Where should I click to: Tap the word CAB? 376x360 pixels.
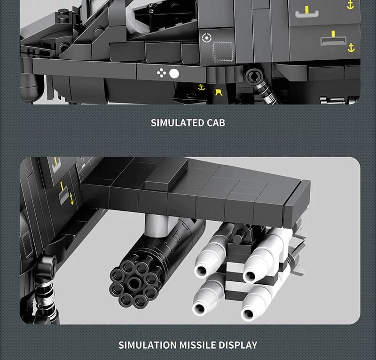tap(216, 123)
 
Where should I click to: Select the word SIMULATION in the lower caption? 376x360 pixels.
tap(148, 345)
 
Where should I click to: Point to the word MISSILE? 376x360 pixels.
tap(197, 345)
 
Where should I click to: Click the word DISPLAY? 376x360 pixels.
tap(238, 345)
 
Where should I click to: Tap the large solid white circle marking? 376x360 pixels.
tap(174, 74)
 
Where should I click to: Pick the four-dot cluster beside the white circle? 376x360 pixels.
tap(161, 73)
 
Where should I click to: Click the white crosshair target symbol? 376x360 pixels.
tap(207, 38)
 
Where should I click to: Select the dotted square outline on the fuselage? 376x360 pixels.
tap(223, 52)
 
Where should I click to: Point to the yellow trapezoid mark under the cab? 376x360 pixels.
tap(219, 92)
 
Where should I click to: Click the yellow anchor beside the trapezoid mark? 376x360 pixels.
tap(202, 88)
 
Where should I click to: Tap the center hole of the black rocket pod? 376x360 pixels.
tap(134, 282)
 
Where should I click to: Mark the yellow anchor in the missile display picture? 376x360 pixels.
tap(71, 199)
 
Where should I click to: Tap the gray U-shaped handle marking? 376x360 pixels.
tap(307, 14)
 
